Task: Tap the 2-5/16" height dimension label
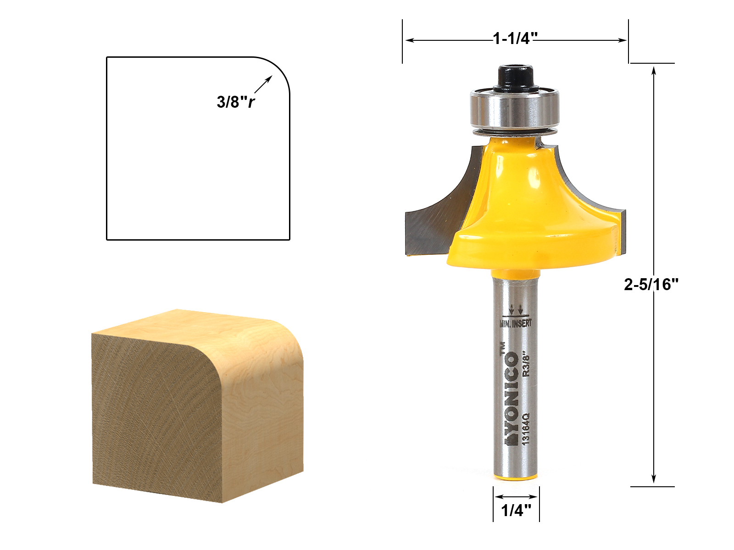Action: point(651,285)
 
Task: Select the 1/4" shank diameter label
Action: point(516,510)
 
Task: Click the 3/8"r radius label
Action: point(235,102)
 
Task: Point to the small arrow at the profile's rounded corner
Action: point(263,85)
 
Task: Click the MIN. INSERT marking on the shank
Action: point(516,323)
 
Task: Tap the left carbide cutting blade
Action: point(436,215)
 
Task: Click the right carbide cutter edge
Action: point(592,192)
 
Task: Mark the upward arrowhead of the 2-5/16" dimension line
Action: point(654,70)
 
